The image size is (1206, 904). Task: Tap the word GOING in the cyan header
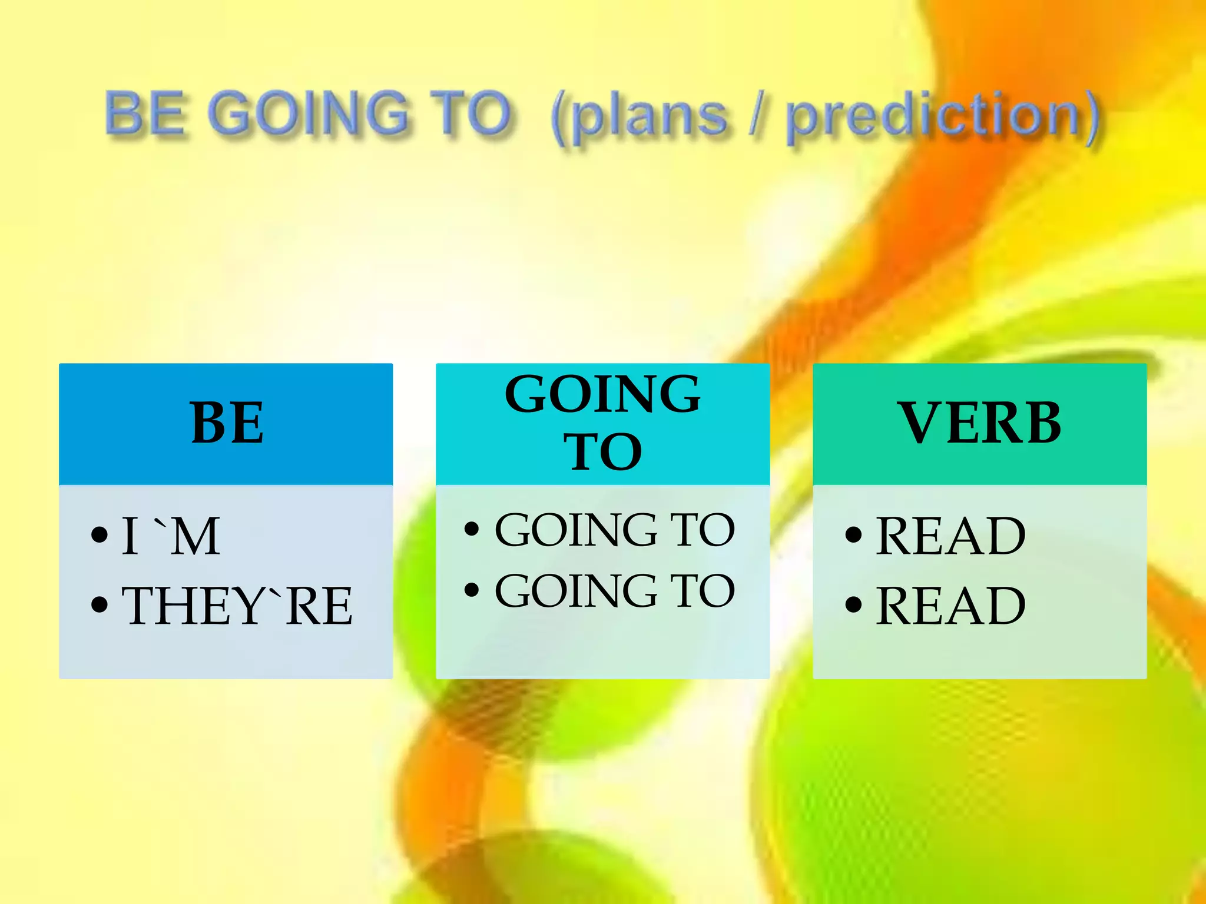pyautogui.click(x=602, y=394)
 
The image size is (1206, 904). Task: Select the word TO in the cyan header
pyautogui.click(x=602, y=452)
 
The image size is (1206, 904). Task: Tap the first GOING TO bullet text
pyautogui.click(x=615, y=530)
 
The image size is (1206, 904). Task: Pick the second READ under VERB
pyautogui.click(x=950, y=606)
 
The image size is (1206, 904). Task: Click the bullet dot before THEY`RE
pyautogui.click(x=100, y=604)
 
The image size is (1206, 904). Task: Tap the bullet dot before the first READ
pyautogui.click(x=853, y=535)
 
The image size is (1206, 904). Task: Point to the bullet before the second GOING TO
pyautogui.click(x=472, y=590)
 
